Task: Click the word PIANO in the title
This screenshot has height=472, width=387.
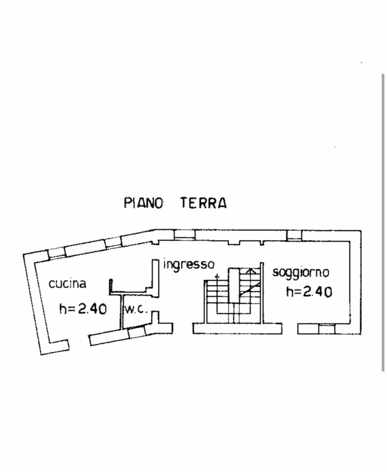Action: (143, 203)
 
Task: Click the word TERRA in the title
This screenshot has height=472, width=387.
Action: (203, 203)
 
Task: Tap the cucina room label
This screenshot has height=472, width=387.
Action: (67, 284)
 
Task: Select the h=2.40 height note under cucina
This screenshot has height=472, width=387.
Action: (83, 308)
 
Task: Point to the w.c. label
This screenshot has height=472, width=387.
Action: (135, 309)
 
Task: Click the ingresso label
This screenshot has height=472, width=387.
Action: (189, 264)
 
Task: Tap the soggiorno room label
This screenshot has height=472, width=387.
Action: (300, 272)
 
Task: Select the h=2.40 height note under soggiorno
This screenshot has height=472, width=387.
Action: (309, 291)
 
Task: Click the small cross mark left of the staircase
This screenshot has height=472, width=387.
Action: (216, 277)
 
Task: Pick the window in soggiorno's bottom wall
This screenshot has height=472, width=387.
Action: (327, 329)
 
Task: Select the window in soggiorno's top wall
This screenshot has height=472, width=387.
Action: (294, 235)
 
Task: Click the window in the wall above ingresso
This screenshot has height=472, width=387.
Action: (184, 235)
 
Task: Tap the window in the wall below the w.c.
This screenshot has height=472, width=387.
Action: (137, 332)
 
